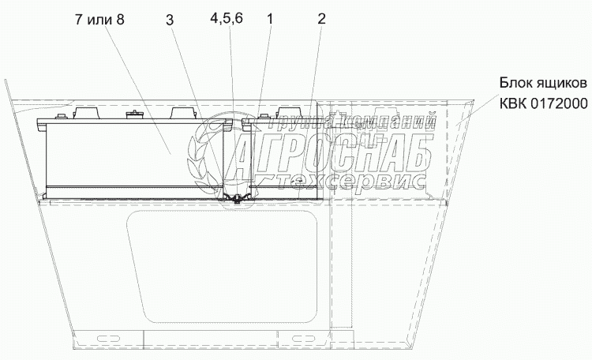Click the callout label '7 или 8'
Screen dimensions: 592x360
(99, 19)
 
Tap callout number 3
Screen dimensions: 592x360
(170, 20)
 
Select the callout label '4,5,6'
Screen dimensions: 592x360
(227, 18)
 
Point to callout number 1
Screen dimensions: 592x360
(270, 18)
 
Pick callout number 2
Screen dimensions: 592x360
(321, 18)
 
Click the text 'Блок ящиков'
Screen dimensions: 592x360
(543, 83)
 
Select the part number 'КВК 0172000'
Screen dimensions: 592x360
(544, 103)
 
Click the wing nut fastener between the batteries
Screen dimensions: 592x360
(236, 198)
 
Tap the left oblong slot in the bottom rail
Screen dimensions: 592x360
(108, 337)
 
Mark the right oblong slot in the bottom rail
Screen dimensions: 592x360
(305, 337)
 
